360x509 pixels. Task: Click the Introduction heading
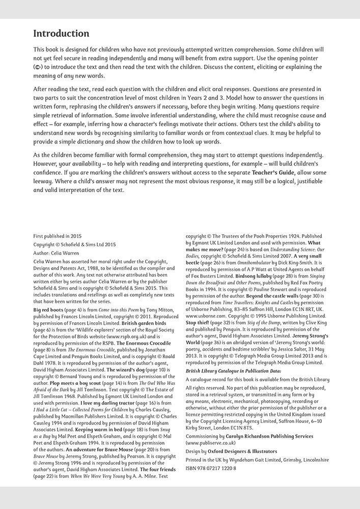(x=61, y=34)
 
